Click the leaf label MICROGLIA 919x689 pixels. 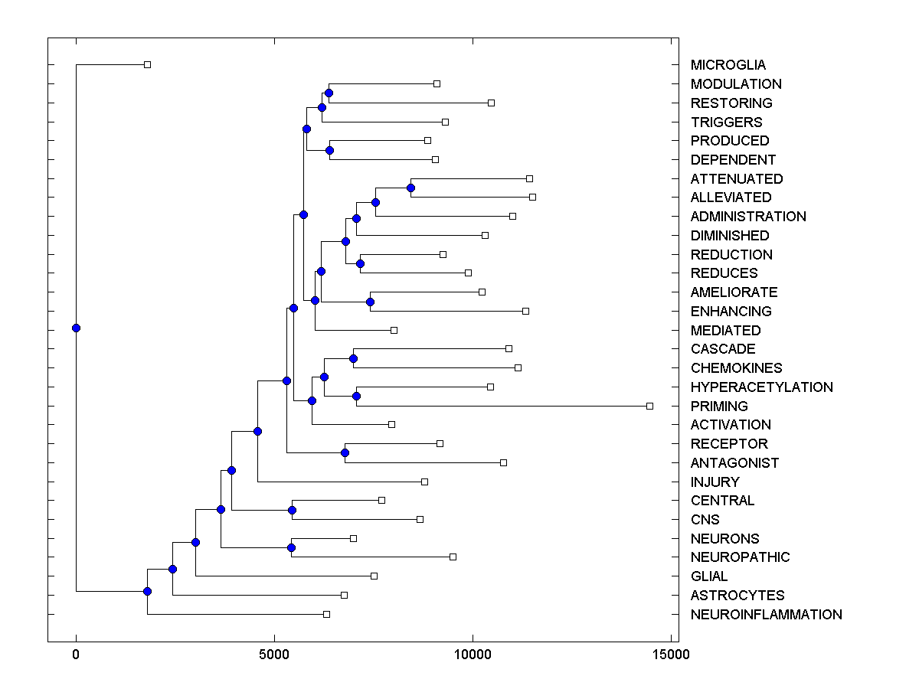tap(728, 65)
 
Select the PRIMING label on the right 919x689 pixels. tap(719, 406)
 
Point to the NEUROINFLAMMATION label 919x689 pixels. tap(766, 615)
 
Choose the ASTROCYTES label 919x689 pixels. tap(737, 596)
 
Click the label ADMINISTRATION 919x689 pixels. tap(748, 217)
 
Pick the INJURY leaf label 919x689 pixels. tap(715, 482)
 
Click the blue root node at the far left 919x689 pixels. tap(76, 328)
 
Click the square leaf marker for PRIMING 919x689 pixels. tap(649, 406)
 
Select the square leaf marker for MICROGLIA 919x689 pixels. tap(148, 64)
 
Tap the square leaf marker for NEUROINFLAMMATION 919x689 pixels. tap(326, 614)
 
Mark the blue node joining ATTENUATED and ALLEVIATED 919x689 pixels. tap(410, 188)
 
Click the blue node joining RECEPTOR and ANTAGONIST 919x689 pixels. tap(345, 452)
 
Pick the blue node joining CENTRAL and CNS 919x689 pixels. tap(292, 510)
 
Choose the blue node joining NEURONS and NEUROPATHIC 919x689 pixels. tap(291, 547)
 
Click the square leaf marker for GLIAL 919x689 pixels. tap(374, 576)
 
